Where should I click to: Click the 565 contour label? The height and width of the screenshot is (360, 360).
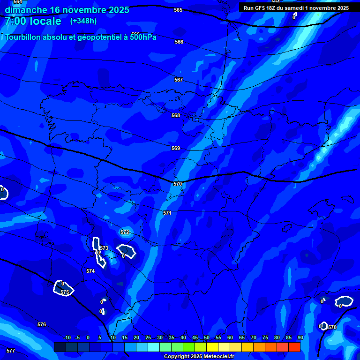pos(178,10)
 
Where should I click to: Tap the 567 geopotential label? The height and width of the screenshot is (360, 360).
pos(179,80)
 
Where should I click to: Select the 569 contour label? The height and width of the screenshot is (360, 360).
pos(176,148)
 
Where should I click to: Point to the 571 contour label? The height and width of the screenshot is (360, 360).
pos(167,213)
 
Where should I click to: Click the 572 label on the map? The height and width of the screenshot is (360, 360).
pos(125,232)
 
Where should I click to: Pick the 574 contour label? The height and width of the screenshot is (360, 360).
pos(90,271)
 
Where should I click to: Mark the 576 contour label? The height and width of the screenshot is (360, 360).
pos(42,324)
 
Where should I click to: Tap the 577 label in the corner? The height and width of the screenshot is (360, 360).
pos(11,351)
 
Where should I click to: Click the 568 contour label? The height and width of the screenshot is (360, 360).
pos(176,115)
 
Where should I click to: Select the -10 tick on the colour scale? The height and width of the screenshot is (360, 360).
pos(67,337)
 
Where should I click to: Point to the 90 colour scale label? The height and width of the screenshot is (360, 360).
pos(300,337)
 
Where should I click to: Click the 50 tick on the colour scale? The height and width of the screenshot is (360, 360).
pos(207,337)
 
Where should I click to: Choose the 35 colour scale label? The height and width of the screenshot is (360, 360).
pos(172,337)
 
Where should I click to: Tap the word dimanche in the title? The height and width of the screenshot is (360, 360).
pos(25,10)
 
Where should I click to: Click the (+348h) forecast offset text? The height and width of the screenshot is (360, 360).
pos(83,21)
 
